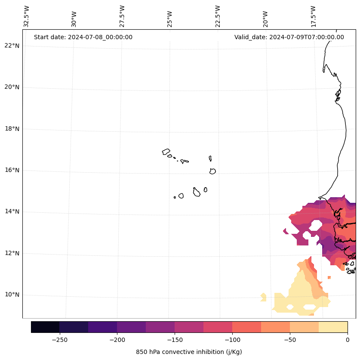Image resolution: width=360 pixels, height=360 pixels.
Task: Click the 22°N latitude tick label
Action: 12,46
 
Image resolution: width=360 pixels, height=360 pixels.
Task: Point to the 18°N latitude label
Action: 12,129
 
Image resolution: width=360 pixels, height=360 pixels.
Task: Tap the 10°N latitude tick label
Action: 12,295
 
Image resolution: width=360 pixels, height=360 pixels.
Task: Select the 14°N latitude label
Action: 12,212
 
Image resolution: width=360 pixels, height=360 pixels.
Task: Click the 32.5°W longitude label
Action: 27,16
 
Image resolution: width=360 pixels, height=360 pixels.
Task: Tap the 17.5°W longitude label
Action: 314,16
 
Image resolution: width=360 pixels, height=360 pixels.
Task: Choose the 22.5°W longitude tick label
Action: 218,16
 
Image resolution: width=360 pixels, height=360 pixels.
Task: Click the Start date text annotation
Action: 83,37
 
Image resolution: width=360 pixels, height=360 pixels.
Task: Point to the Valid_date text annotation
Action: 289,37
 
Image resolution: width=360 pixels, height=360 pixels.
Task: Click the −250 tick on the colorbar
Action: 59,340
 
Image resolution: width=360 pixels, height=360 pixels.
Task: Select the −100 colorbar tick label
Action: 232,340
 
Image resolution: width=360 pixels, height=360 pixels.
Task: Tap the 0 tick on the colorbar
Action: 348,340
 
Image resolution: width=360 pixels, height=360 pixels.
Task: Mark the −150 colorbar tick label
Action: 175,340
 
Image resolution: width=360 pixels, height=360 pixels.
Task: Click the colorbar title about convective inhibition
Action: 189,352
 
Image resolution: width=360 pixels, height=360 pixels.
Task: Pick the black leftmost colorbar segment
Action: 45,327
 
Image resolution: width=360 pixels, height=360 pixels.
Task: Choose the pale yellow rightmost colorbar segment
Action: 333,327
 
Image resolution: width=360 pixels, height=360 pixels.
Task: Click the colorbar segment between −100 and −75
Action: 247,327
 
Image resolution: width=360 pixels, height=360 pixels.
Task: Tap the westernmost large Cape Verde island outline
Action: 166,152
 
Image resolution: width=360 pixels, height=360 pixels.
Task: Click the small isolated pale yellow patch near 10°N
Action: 263,297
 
